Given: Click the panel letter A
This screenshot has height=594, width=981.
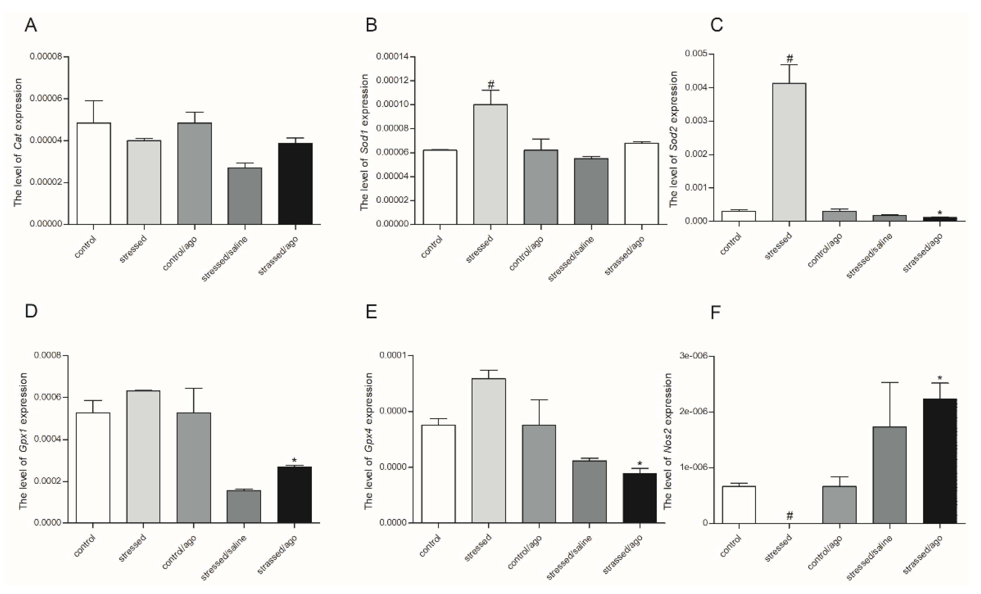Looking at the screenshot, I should coord(31,25).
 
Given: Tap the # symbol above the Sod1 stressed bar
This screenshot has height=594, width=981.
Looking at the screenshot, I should coord(491,84).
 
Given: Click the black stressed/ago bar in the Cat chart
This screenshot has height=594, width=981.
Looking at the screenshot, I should coord(295,184).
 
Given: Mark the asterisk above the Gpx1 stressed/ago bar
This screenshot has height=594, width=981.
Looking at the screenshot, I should coord(294,461).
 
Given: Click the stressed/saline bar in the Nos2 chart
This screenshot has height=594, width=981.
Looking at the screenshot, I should coord(890,474).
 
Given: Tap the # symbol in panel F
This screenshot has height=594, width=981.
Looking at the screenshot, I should coord(790,516).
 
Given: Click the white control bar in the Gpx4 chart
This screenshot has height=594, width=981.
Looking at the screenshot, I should coord(438,474).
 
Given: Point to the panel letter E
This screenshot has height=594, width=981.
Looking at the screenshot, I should coord(371,312).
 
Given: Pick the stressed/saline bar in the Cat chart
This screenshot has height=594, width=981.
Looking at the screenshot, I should coord(245,196).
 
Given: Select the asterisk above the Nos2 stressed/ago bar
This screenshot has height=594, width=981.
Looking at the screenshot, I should coord(940,378).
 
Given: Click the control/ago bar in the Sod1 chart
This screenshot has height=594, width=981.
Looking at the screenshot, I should coord(541,187).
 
